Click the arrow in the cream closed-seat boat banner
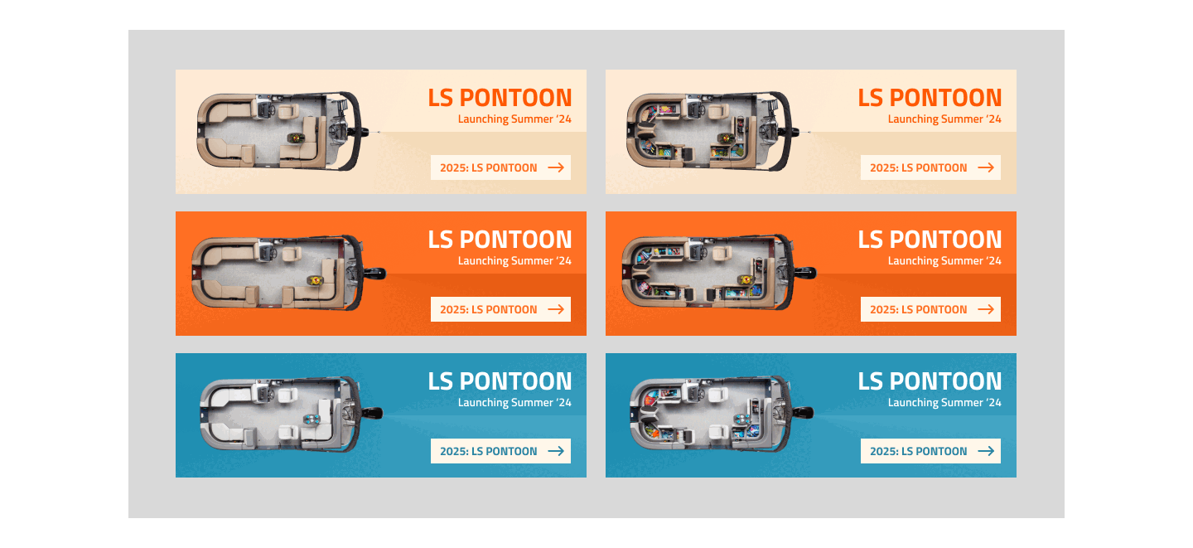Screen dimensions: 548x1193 [x=556, y=167]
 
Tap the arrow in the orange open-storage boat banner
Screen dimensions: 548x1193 [x=986, y=309]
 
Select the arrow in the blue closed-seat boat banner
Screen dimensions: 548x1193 [x=556, y=451]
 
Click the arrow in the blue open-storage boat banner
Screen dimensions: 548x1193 [x=986, y=451]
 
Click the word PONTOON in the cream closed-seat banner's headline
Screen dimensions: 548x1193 [x=515, y=98]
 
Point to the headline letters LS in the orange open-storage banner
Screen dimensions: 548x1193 [x=871, y=240]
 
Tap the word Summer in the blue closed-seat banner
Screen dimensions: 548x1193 [x=531, y=403]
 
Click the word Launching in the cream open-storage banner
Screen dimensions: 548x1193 [x=912, y=119]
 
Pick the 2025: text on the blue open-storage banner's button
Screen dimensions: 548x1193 [x=883, y=451]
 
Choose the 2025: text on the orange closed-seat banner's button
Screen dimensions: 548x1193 [x=453, y=309]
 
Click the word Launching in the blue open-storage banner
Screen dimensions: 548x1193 [x=912, y=403]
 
